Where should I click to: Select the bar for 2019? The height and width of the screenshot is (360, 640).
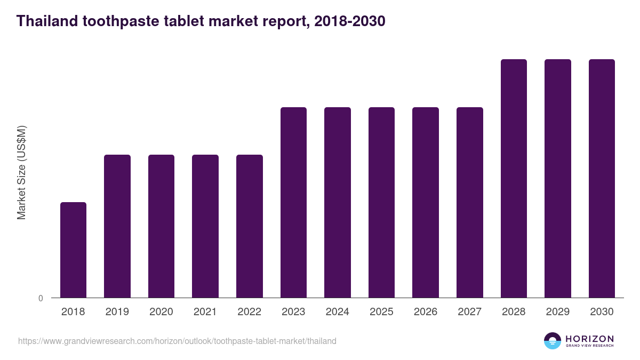117,226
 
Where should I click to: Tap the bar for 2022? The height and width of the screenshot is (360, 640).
250,226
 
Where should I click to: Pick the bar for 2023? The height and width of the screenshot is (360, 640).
293,202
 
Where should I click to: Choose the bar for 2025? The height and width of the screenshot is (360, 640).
381,202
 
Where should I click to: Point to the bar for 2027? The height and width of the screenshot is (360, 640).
470,202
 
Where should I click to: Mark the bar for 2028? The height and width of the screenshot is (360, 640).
514,178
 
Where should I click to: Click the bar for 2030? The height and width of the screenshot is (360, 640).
602,178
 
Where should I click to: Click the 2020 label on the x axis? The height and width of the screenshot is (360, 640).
161,312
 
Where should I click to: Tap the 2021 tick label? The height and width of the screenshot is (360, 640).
205,312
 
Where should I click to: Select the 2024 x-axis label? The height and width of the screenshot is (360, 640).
338,312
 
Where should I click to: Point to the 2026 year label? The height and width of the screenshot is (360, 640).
426,312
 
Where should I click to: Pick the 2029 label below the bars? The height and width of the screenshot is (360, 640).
558,312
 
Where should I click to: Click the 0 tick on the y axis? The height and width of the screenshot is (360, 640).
41,298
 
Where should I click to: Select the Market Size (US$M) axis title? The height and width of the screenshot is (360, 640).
21,172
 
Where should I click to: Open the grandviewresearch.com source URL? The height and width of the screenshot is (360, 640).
177,341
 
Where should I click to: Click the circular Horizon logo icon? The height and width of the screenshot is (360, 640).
553,341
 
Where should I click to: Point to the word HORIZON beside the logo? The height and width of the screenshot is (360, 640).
589,338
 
